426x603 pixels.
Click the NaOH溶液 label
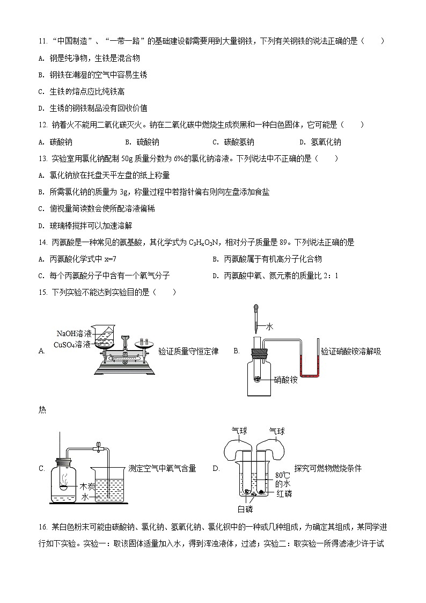74,333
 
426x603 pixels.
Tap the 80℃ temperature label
282,475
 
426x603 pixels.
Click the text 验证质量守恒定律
188,351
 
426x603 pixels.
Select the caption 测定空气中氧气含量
163,468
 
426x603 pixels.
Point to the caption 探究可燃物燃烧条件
328,468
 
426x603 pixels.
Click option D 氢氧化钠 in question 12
326,142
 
